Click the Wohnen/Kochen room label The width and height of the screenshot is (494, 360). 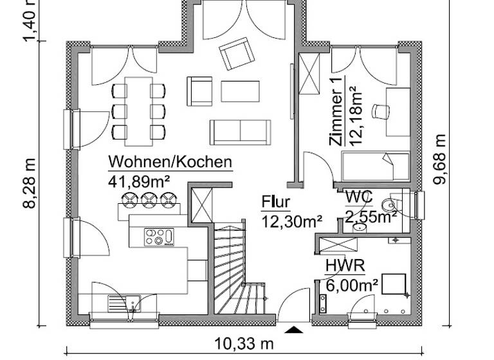click(170, 161)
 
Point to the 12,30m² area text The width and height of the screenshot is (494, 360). click(291, 222)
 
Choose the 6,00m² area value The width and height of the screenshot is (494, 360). click(351, 283)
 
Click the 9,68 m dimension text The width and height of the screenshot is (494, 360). click(439, 159)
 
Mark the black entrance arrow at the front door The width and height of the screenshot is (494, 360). click(294, 330)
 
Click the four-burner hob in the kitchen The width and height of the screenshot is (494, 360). click(158, 237)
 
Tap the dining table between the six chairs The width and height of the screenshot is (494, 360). click(138, 108)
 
